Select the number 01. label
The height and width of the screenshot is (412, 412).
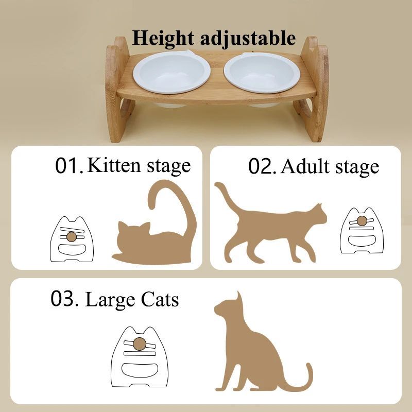[x=69, y=166]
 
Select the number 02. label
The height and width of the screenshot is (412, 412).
[x=263, y=166]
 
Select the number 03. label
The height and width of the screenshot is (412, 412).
[x=64, y=299]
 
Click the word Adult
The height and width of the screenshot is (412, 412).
[x=304, y=166]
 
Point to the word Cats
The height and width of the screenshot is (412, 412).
[x=159, y=299]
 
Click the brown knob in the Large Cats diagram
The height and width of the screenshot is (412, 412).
[x=139, y=344]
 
